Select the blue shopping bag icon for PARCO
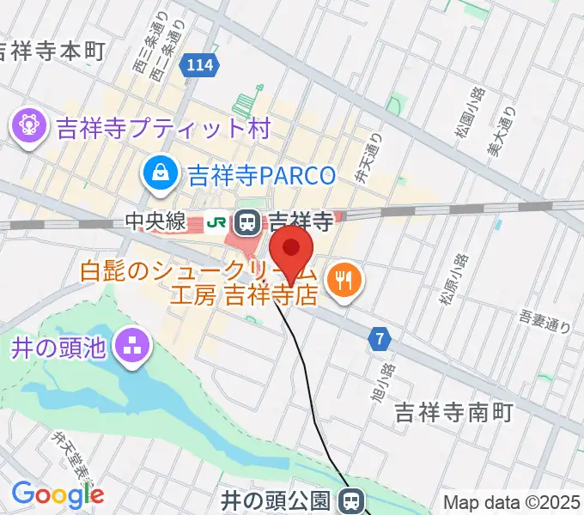point(161,173)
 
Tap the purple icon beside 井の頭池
point(132,348)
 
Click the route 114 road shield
point(198,66)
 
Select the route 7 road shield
point(379,339)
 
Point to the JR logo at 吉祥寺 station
point(217,221)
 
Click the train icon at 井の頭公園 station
point(350,499)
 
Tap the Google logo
point(58,494)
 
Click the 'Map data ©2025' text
point(512,501)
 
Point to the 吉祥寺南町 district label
point(453,413)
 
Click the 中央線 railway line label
point(155,221)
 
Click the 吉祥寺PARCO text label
point(257,175)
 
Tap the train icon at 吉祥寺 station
point(247,221)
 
